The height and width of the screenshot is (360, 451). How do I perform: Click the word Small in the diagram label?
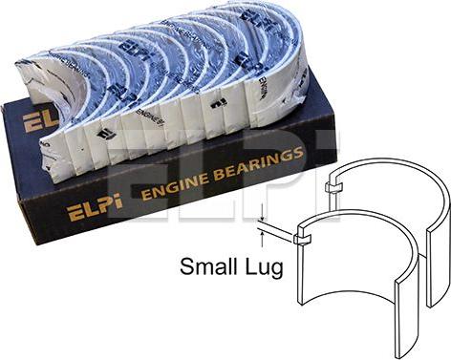pos(209,268)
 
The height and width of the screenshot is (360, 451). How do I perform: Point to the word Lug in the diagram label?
pos(264,268)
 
